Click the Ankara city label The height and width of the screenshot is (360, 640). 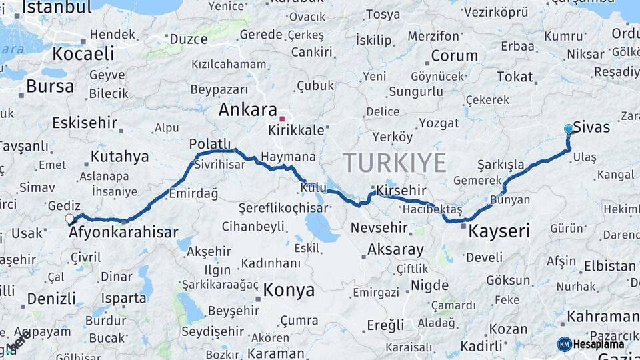tap(247, 110)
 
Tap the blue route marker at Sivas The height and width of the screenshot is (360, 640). tap(568, 129)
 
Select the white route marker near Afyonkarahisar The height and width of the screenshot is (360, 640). tap(69, 219)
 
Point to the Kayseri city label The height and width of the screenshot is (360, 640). tap(499, 232)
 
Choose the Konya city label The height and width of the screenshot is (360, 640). tap(289, 290)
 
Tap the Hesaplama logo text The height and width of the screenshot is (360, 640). tap(599, 344)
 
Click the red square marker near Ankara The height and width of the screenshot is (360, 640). tap(282, 119)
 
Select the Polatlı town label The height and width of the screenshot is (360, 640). tap(210, 144)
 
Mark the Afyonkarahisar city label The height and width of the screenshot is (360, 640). tap(123, 233)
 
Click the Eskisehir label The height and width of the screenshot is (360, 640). tap(85, 123)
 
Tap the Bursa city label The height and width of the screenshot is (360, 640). tap(50, 86)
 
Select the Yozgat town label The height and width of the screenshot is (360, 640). tap(439, 123)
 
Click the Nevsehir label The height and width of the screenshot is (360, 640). tap(379, 228)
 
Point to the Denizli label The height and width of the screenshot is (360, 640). tap(51, 299)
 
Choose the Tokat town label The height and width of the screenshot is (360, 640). tap(515, 77)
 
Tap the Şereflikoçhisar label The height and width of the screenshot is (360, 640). tap(283, 208)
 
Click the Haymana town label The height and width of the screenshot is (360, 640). tap(288, 157)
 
